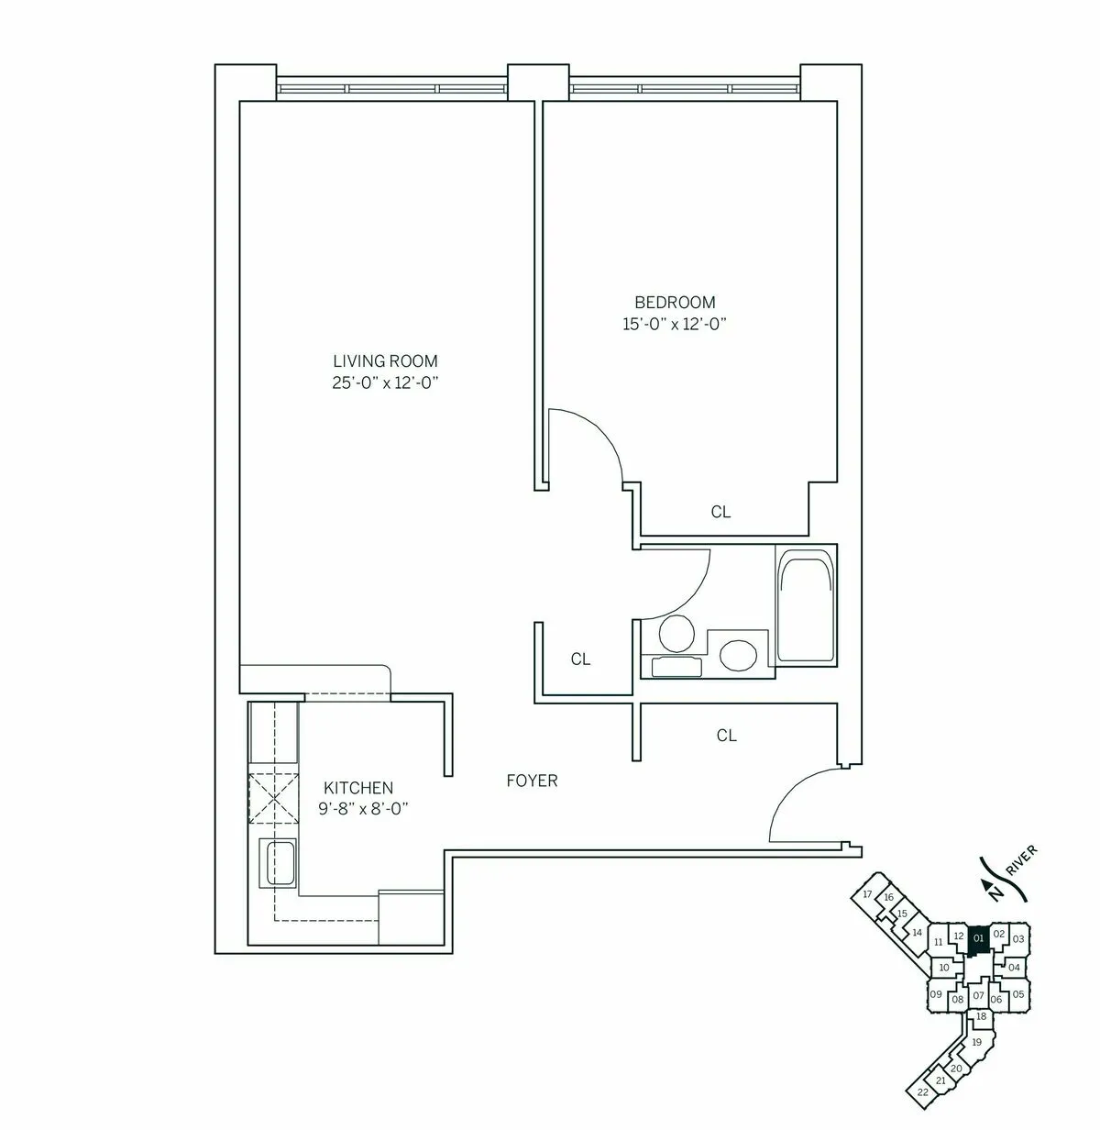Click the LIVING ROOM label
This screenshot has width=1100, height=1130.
[385, 361]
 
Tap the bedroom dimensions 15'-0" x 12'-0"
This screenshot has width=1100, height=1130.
[675, 324]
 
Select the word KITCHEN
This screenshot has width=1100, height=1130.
[358, 788]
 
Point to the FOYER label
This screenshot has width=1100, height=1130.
[532, 781]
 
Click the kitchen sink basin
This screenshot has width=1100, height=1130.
[279, 862]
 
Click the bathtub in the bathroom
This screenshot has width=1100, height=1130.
[806, 605]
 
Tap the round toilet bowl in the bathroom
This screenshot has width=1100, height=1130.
[676, 633]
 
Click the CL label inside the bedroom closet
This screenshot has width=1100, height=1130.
[720, 512]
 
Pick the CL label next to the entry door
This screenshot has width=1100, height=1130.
[726, 735]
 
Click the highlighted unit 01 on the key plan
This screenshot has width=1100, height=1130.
[977, 938]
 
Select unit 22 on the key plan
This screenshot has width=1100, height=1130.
[922, 1091]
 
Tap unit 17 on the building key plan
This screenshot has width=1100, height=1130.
[868, 894]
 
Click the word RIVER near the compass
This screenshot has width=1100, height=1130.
[1021, 860]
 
